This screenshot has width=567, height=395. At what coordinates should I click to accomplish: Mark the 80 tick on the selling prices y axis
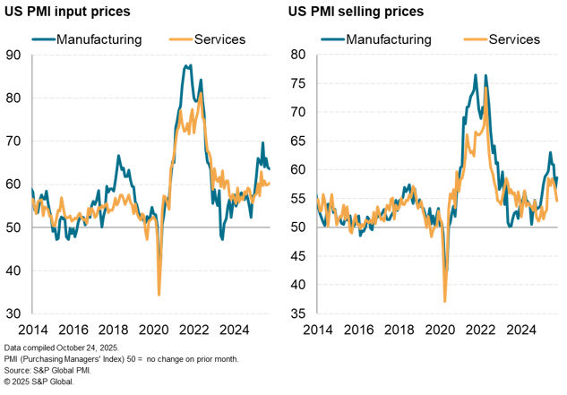click(x=299, y=55)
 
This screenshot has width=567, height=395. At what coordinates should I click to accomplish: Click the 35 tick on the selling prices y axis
click(x=299, y=313)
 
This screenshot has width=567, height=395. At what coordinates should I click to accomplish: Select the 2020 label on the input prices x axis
click(x=159, y=328)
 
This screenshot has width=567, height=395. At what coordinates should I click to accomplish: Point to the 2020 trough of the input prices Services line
click(x=159, y=295)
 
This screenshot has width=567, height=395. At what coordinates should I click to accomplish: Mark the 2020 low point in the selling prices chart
click(x=445, y=301)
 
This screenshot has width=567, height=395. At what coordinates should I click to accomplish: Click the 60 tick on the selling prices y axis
click(x=299, y=169)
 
